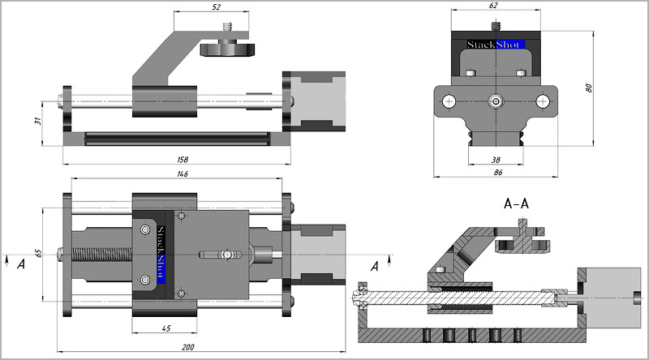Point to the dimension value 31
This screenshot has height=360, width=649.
pyautogui.click(x=37, y=122)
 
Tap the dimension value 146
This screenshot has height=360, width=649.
pyautogui.click(x=176, y=174)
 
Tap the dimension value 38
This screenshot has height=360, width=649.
pyautogui.click(x=495, y=160)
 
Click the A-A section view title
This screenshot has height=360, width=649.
pyautogui.click(x=516, y=204)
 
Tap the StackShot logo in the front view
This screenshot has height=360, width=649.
pyautogui.click(x=495, y=44)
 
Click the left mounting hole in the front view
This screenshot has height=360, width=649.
pyautogui.click(x=448, y=101)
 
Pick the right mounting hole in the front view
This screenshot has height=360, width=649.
pyautogui.click(x=543, y=101)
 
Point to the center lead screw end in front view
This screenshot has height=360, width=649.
pyautogui.click(x=495, y=101)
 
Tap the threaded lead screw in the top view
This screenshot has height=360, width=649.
pyautogui.click(x=101, y=254)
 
